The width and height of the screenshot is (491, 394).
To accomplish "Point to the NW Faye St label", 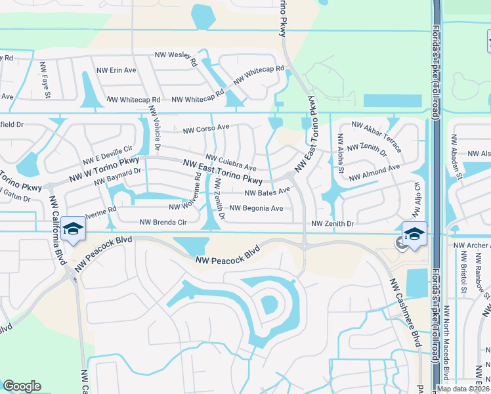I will (47, 86).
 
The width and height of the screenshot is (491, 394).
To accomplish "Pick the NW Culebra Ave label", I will (230, 163).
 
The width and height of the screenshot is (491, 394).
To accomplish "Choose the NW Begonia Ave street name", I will (256, 209).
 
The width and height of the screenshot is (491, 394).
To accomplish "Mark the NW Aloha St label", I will (341, 154).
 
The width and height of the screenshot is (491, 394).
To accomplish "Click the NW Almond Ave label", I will (374, 173).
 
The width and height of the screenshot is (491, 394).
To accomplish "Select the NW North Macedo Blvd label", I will (446, 341).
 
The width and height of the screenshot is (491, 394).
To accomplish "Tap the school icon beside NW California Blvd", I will (73, 230).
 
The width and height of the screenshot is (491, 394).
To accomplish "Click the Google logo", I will (22, 387).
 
